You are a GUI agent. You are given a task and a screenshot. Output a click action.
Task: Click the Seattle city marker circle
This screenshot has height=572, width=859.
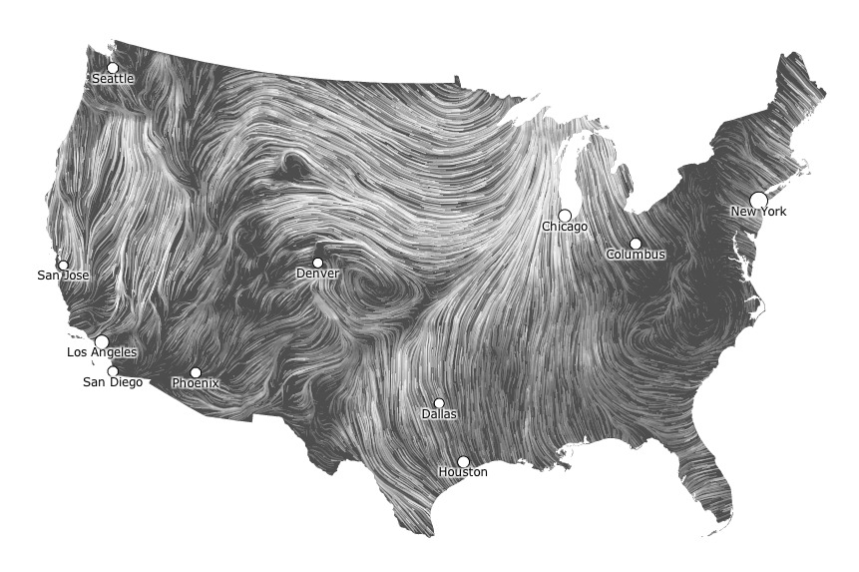point(113,68)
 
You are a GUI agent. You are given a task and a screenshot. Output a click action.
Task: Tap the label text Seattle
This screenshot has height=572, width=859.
point(113,79)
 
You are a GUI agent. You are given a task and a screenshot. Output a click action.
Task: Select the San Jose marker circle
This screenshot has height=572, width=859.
point(64,266)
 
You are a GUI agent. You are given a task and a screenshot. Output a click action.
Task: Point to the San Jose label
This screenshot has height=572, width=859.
point(63,276)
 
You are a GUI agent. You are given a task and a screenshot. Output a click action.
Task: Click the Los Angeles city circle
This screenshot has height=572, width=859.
point(102,341)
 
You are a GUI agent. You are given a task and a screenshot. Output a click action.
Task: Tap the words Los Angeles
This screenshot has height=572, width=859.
point(102,352)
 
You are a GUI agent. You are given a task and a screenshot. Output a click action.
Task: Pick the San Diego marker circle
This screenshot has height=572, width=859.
point(113,371)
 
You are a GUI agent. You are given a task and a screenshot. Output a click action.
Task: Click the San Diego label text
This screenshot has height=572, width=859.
point(112,382)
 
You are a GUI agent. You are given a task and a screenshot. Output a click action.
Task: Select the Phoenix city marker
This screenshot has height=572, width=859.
point(196,372)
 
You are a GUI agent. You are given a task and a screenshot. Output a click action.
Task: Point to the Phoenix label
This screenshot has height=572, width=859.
point(195,383)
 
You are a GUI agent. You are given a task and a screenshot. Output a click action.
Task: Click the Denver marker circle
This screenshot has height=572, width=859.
point(318,263)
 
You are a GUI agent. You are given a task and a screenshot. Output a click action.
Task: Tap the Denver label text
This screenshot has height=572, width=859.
point(318,274)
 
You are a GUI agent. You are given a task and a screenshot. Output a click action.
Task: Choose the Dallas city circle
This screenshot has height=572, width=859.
point(439,403)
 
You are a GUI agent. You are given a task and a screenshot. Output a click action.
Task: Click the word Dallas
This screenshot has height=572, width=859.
point(439,413)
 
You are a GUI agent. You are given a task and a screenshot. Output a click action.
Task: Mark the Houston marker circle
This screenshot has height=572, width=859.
point(463,461)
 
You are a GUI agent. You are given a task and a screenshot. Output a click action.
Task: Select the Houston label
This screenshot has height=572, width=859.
point(463,472)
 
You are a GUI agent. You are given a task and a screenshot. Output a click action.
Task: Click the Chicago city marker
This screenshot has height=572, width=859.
point(565,216)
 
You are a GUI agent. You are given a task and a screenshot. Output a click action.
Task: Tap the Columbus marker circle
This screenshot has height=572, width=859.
point(636,244)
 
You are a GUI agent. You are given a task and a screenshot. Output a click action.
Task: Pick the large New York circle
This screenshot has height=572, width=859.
point(758,200)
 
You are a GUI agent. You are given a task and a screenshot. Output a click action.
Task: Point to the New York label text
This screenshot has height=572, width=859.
point(758,212)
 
